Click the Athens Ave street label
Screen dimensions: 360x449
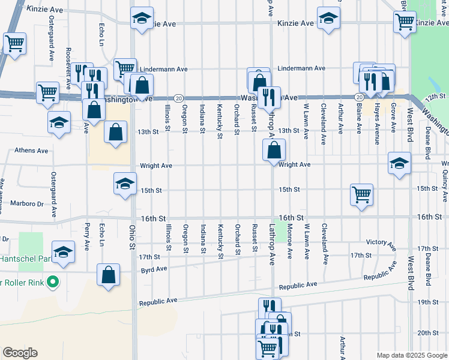pos(19,151)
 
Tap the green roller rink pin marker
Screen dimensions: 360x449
pos(53,281)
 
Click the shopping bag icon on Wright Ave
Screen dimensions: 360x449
pos(274,150)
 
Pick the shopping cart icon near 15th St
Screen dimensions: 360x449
pos(362,194)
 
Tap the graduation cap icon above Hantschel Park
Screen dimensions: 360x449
pos(62,254)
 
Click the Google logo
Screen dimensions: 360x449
pos(20,353)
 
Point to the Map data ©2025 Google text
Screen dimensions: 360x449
pos(411,355)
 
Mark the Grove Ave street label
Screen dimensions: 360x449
pos(393,118)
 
